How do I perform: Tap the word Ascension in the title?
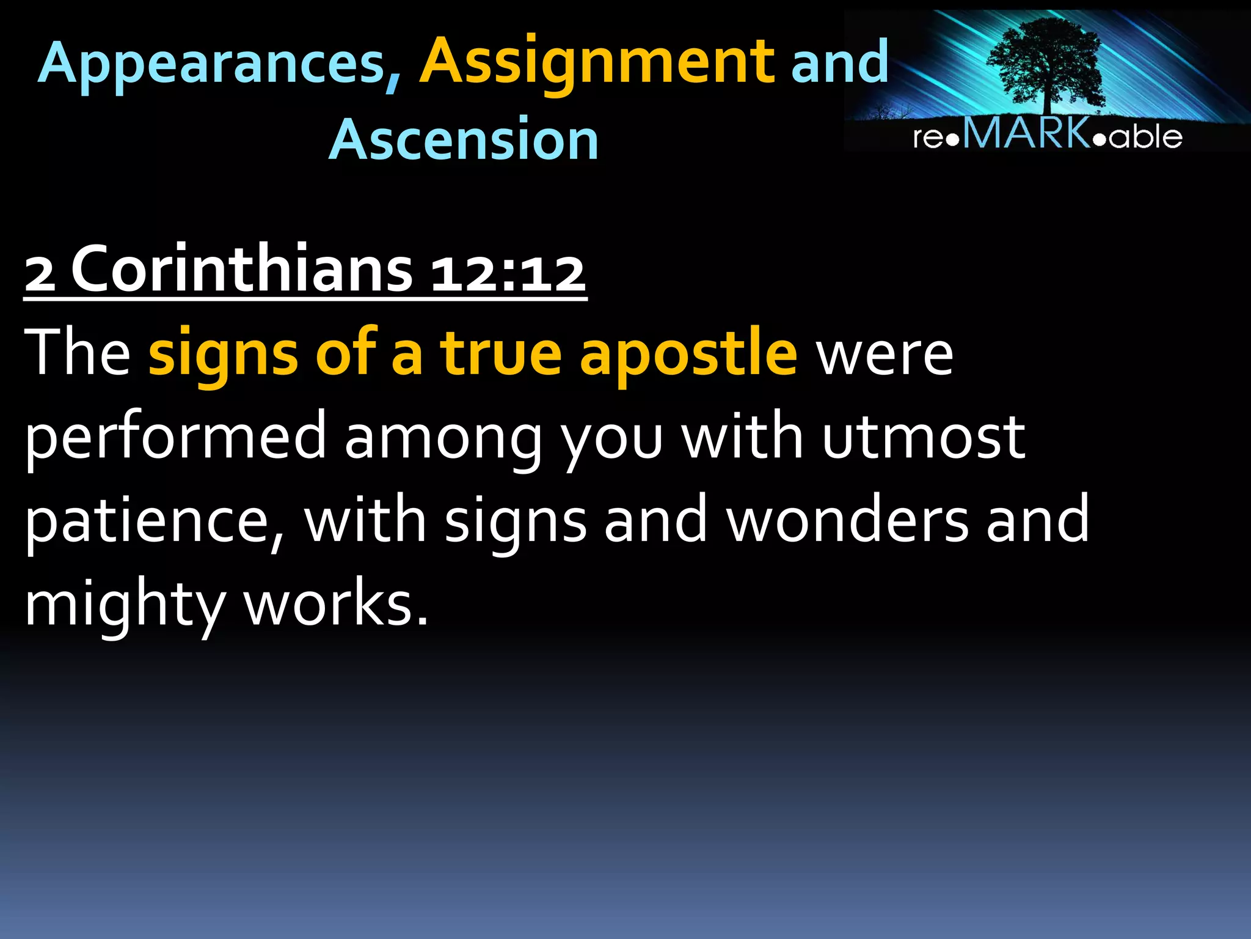click(464, 140)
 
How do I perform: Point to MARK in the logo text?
click(1027, 133)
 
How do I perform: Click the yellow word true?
click(501, 353)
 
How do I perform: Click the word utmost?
click(923, 436)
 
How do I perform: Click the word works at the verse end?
click(335, 604)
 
